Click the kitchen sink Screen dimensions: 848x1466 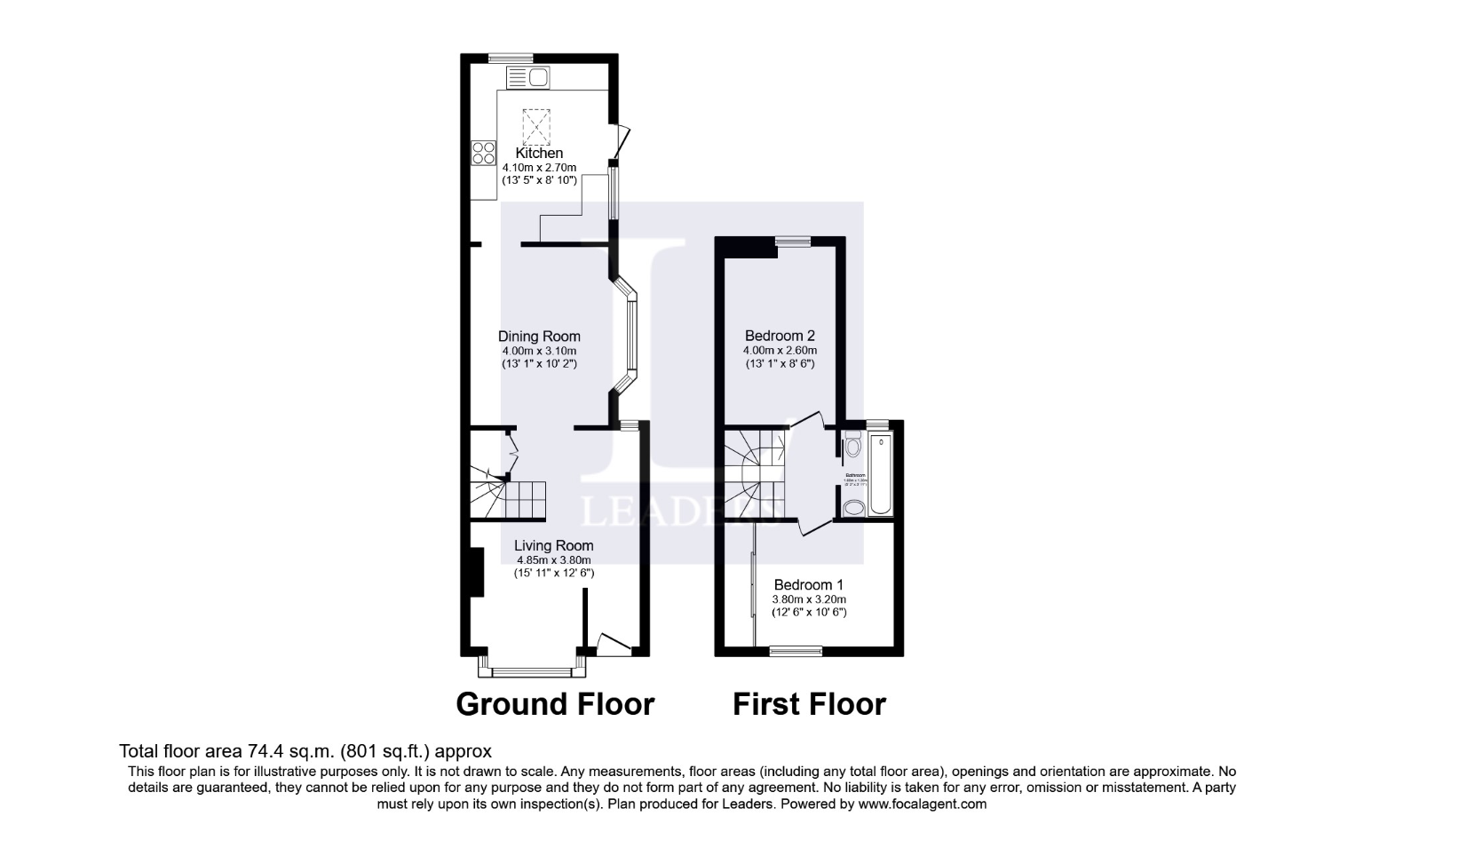528,78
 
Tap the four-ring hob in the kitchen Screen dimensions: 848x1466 483,154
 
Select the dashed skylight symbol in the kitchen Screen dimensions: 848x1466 536,126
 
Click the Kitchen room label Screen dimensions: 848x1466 539,153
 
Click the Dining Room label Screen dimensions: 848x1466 539,336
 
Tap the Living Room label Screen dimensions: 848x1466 554,545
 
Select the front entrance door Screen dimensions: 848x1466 614,645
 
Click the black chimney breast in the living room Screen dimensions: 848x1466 475,573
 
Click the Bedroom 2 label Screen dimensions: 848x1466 780,336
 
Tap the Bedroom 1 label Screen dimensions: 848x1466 808,584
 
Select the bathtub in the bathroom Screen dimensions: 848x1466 880,474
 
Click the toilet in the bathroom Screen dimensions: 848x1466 853,445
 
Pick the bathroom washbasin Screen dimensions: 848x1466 854,508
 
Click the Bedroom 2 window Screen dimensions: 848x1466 793,240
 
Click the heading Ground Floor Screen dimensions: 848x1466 555,704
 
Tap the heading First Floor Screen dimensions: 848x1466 809,704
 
